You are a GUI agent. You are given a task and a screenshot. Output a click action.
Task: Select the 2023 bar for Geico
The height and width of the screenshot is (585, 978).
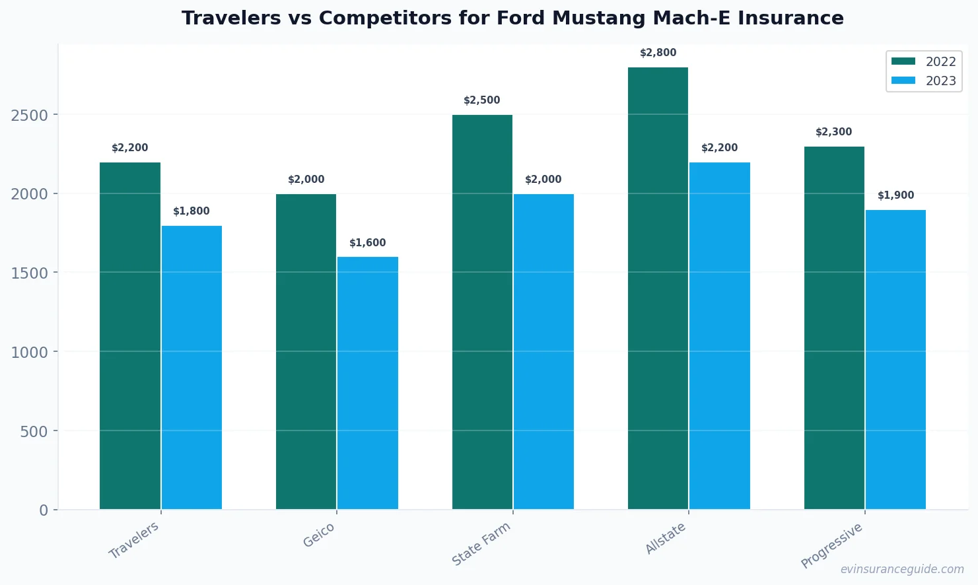pyautogui.click(x=368, y=383)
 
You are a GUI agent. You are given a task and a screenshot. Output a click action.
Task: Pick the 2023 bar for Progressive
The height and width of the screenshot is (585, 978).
pyautogui.click(x=895, y=359)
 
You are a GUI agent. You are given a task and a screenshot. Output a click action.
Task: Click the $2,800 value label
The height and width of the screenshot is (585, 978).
pyautogui.click(x=658, y=53)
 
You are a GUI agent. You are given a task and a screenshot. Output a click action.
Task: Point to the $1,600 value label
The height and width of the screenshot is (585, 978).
pyautogui.click(x=368, y=243)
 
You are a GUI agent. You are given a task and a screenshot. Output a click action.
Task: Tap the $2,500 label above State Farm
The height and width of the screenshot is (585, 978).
pyautogui.click(x=482, y=100)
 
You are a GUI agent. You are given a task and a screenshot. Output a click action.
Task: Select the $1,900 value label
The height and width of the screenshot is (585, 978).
pyautogui.click(x=895, y=195)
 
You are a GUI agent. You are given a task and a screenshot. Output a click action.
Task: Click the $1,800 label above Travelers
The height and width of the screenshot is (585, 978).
pyautogui.click(x=192, y=211)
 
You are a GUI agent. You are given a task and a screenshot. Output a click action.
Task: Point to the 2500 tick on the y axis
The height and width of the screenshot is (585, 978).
pyautogui.click(x=30, y=116)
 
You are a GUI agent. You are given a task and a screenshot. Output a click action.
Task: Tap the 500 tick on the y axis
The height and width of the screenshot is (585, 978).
pyautogui.click(x=34, y=431)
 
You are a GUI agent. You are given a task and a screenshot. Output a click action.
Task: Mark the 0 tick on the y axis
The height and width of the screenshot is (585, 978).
pyautogui.click(x=44, y=510)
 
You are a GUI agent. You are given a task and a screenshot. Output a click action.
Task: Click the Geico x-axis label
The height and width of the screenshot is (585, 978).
pyautogui.click(x=319, y=535)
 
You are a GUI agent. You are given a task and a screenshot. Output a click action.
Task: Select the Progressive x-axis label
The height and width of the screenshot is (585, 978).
pyautogui.click(x=831, y=545)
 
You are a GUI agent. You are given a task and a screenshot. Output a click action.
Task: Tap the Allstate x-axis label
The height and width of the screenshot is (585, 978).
pyautogui.click(x=665, y=538)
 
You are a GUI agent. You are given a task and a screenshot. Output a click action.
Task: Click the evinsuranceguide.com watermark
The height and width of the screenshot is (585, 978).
pyautogui.click(x=902, y=569)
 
